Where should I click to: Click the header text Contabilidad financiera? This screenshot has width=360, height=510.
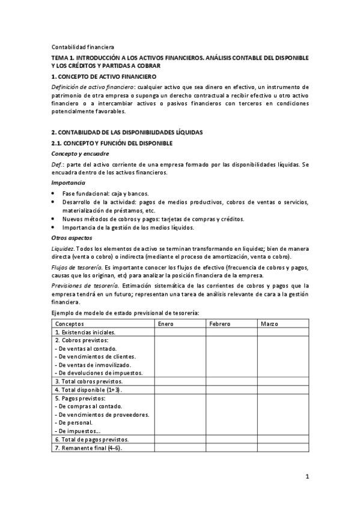point(82,47)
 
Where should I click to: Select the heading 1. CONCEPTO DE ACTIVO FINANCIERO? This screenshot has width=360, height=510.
point(103,77)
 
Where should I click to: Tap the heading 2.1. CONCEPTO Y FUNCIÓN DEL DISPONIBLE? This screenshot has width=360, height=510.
point(112,143)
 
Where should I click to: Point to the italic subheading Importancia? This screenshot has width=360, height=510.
point(68,182)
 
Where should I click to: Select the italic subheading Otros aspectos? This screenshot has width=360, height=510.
point(72,238)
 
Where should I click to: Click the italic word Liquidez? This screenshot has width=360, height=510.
point(63,249)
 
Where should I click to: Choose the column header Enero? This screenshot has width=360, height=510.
point(165,324)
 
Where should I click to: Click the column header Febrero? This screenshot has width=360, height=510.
point(219,324)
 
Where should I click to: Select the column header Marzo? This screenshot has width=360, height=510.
point(269,324)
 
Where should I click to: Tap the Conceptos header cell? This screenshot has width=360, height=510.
point(69,324)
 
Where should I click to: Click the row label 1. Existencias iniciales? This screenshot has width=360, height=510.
point(85,332)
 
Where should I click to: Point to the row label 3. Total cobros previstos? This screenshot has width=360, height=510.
point(88,381)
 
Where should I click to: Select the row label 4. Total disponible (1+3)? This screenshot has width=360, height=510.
point(88,390)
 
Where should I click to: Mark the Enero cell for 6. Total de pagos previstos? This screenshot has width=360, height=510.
point(180,440)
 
